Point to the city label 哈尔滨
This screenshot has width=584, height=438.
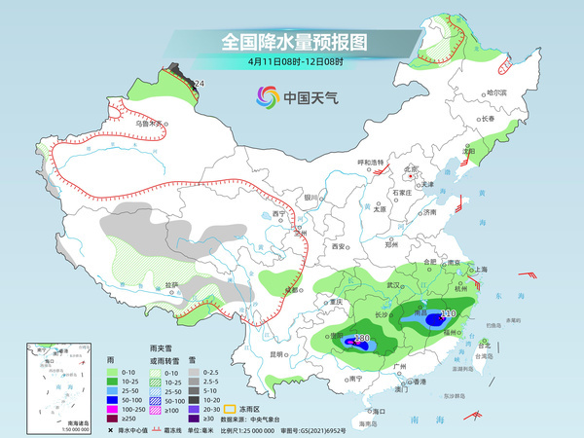[496, 92]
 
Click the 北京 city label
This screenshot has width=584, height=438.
[411, 168]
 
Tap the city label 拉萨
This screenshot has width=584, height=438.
[171, 284]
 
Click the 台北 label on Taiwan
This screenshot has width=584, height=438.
[484, 344]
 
